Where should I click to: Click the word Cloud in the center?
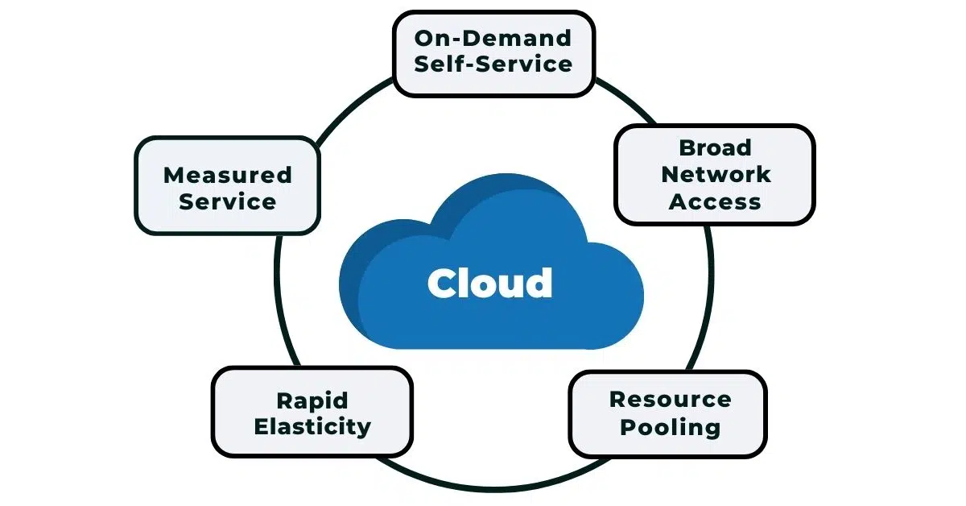(x=489, y=283)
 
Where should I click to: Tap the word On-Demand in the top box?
(x=493, y=37)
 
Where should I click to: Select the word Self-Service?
(x=493, y=64)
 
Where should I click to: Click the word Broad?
(x=715, y=147)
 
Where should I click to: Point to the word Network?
(x=715, y=174)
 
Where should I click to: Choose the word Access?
(x=715, y=201)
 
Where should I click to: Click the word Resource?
(x=669, y=399)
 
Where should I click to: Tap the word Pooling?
(x=669, y=426)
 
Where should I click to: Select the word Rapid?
(x=312, y=400)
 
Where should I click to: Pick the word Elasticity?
(x=312, y=426)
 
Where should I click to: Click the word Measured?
(x=227, y=175)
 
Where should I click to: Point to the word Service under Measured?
(x=227, y=201)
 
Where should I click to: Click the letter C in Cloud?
(x=443, y=284)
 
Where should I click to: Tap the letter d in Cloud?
(x=538, y=282)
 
